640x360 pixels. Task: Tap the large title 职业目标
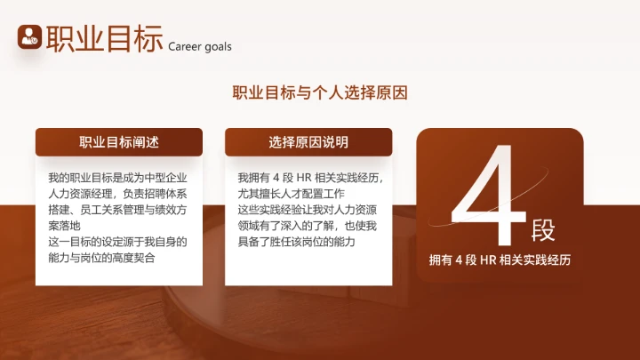pyautogui.click(x=104, y=38)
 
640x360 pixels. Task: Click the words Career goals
pyautogui.click(x=199, y=46)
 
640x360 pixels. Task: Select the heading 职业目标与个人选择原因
pyautogui.click(x=320, y=92)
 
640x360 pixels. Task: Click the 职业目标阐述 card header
pyautogui.click(x=119, y=142)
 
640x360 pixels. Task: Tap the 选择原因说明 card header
pyautogui.click(x=308, y=142)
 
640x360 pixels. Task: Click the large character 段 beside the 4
pyautogui.click(x=543, y=230)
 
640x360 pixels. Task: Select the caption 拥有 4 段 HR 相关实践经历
pyautogui.click(x=499, y=260)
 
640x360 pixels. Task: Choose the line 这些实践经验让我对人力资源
pyautogui.click(x=308, y=209)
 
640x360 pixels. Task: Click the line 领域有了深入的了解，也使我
pyautogui.click(x=308, y=226)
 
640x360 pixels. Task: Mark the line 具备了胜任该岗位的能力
pyautogui.click(x=296, y=242)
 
